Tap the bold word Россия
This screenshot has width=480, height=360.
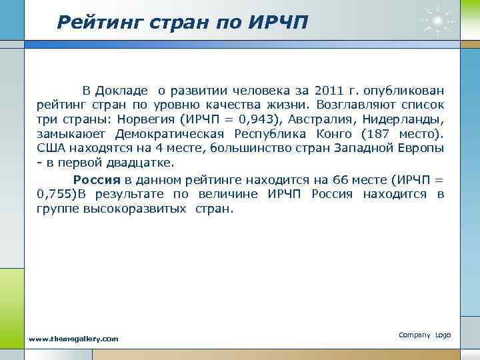(96, 179)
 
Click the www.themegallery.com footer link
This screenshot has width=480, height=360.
(74, 339)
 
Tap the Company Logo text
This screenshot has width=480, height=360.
(425, 335)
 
